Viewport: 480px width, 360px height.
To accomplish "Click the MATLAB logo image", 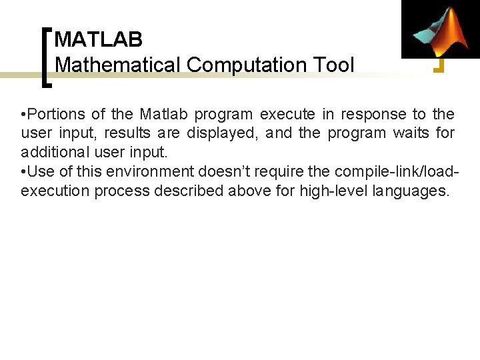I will (x=441, y=29).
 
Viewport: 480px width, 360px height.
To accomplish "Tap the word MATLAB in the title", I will (x=98, y=40).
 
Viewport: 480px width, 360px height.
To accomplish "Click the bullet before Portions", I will (x=23, y=115).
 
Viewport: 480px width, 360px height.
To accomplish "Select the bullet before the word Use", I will (x=23, y=172).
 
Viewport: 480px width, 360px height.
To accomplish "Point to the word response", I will (x=374, y=115).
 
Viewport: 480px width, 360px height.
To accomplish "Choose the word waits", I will (x=411, y=133).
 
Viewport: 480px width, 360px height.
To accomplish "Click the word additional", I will (x=59, y=153).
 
